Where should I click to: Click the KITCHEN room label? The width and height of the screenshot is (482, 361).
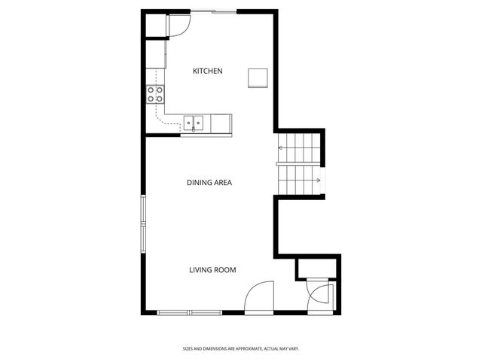pos(208,71)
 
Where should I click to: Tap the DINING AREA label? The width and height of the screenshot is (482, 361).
pos(209,183)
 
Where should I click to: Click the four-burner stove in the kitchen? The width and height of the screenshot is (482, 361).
pos(155,94)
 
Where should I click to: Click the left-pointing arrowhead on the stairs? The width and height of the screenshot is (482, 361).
pos(281,148)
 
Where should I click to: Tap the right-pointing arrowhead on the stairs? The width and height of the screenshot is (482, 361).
pos(319,180)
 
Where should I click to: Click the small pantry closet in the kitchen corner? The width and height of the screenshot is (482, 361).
pos(155,26)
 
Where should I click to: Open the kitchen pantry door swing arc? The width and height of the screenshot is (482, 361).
pos(179,26)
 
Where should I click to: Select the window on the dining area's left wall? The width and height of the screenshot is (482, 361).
pos(142,223)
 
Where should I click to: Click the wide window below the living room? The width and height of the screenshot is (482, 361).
pos(190,312)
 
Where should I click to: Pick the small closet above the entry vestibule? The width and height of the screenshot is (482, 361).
pos(316,268)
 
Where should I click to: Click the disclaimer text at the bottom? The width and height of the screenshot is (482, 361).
pos(241,348)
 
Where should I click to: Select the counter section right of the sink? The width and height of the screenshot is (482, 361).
pos(221,123)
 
